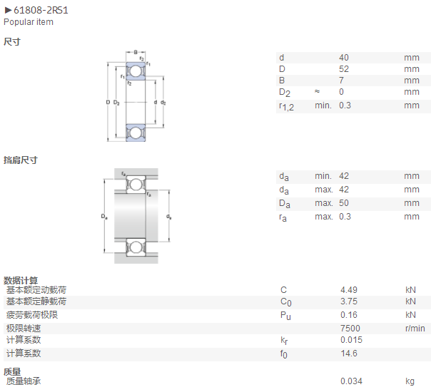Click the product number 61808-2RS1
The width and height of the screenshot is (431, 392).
(x=41, y=11)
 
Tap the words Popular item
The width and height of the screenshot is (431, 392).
(x=29, y=22)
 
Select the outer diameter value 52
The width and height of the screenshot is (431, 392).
(x=344, y=69)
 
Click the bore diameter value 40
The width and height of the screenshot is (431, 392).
(x=344, y=58)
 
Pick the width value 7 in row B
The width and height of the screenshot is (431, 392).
(x=341, y=81)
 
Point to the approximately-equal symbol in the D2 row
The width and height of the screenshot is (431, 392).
(x=318, y=91)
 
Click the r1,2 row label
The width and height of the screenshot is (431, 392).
(x=286, y=106)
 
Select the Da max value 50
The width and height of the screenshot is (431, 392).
(x=344, y=203)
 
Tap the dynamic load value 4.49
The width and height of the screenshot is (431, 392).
(x=349, y=290)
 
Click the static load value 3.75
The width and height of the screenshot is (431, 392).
(x=349, y=301)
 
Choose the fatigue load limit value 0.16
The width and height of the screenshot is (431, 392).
(x=349, y=315)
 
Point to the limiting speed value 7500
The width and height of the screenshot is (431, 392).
(x=350, y=329)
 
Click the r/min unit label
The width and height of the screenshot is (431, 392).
(x=415, y=329)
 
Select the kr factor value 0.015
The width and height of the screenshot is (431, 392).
(x=351, y=340)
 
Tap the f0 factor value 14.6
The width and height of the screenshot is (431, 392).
(x=349, y=354)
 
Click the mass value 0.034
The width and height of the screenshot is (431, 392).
(x=351, y=381)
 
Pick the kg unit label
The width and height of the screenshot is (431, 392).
(x=410, y=381)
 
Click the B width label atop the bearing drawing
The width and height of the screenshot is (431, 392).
(x=136, y=52)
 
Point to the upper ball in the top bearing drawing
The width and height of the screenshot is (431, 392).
(x=136, y=71)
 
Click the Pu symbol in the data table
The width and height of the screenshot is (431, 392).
(x=285, y=316)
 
